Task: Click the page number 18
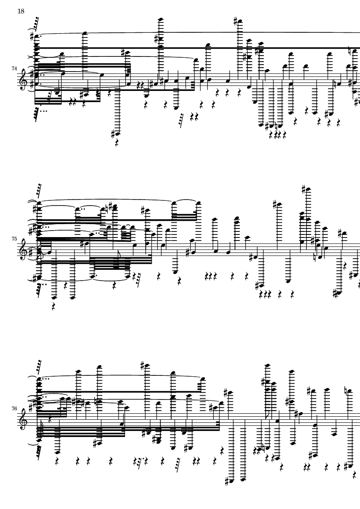[x=21, y=11]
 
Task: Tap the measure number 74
[x=14, y=69]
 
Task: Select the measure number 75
[x=14, y=239]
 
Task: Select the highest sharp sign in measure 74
[x=236, y=22]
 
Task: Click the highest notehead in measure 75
[x=307, y=189]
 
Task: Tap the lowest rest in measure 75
[x=53, y=306]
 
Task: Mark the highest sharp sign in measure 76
[x=142, y=365]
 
